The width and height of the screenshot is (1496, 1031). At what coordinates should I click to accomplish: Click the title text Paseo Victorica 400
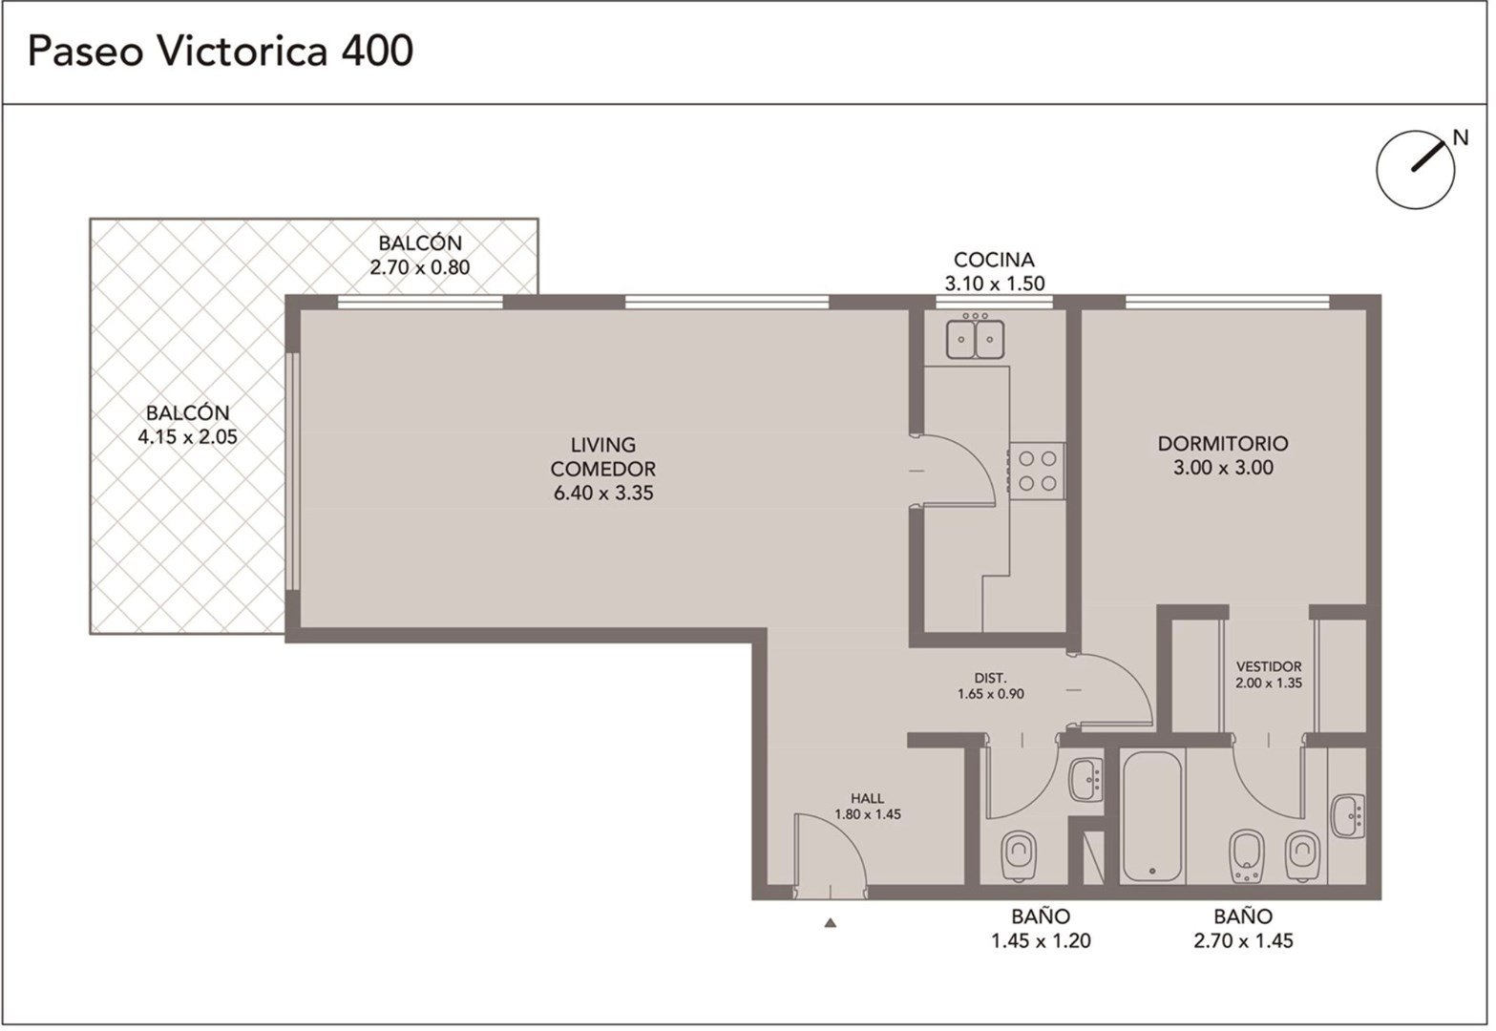click(x=221, y=52)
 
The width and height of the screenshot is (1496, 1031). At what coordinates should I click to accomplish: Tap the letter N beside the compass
click(x=1461, y=137)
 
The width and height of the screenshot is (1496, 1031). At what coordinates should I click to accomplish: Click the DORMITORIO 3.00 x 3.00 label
click(x=1223, y=455)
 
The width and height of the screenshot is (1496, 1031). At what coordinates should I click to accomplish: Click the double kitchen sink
click(x=975, y=338)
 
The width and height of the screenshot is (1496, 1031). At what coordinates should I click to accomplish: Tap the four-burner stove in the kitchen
click(x=1037, y=471)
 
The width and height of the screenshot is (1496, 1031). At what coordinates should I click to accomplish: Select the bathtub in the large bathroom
click(x=1152, y=816)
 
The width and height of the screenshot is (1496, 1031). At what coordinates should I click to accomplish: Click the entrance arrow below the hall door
click(x=831, y=923)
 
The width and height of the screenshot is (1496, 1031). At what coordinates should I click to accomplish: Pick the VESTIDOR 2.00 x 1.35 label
click(x=1268, y=674)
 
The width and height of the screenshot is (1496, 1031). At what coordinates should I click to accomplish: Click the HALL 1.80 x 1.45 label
click(x=868, y=806)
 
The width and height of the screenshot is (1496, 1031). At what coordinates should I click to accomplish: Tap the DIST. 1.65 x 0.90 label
click(x=990, y=685)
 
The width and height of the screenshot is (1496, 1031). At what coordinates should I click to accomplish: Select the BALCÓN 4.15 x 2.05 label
click(x=188, y=425)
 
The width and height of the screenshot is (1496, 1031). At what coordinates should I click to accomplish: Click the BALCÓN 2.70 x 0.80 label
click(x=420, y=255)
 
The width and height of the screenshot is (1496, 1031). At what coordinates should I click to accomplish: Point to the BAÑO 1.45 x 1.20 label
click(x=1041, y=929)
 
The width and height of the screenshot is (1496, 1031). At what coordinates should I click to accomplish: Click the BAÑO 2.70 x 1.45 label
click(x=1243, y=929)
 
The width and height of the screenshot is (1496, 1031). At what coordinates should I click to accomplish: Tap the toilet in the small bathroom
click(x=1019, y=855)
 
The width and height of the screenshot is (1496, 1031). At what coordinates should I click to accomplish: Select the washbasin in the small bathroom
click(x=1086, y=779)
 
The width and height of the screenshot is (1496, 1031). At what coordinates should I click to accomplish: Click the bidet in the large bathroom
click(x=1246, y=855)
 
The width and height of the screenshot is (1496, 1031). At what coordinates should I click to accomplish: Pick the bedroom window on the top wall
click(x=1227, y=302)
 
